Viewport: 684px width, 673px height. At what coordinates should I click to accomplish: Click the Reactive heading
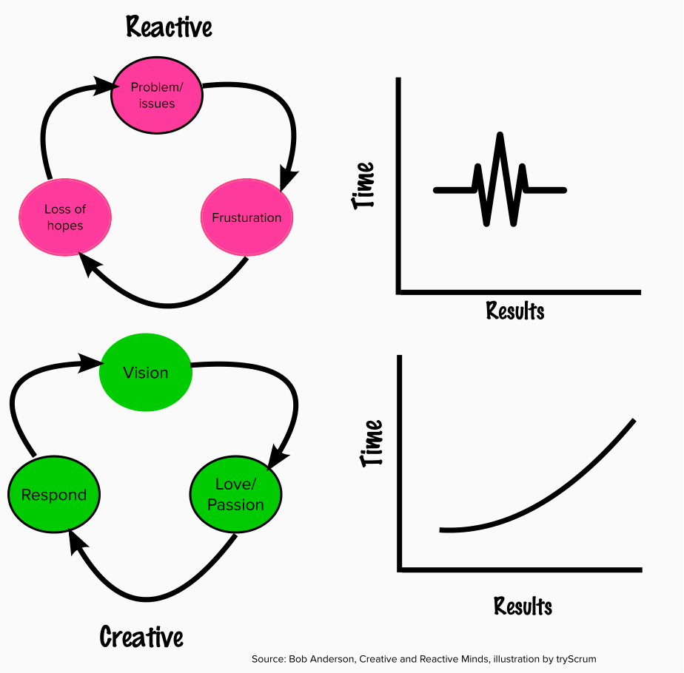(169, 27)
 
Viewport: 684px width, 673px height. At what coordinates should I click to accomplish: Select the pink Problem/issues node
(156, 95)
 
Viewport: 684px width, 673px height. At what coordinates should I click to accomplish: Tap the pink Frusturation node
(247, 218)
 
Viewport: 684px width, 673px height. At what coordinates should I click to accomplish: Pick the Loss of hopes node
(65, 217)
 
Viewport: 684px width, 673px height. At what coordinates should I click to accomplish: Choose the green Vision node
(146, 373)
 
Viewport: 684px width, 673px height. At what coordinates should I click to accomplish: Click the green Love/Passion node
(235, 495)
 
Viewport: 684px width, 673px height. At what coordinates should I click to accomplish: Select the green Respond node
(53, 495)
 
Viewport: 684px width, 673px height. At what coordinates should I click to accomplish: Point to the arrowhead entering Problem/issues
(104, 89)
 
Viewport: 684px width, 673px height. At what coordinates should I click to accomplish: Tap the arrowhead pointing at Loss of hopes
(87, 263)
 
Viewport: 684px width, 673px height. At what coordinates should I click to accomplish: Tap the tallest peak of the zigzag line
(501, 135)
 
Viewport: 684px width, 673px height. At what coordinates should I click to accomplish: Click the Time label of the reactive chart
(364, 185)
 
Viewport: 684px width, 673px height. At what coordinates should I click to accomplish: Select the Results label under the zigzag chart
(515, 311)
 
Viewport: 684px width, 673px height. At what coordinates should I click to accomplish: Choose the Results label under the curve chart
(523, 606)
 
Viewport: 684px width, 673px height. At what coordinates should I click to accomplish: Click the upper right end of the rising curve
(634, 421)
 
